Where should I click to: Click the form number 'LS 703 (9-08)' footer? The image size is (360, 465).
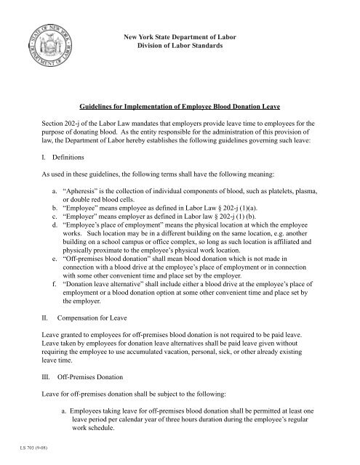(x=24, y=458)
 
